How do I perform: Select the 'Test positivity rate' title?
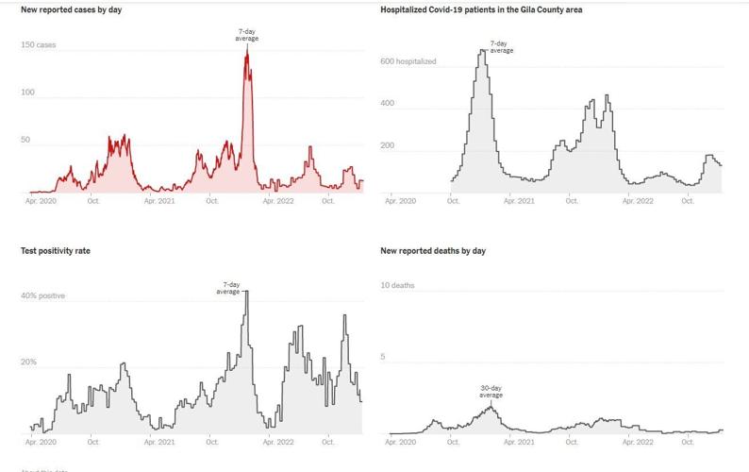[x=56, y=251]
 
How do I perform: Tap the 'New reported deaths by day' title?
[x=433, y=251]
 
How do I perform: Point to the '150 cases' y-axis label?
[x=39, y=44]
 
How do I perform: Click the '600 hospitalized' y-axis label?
[x=408, y=61]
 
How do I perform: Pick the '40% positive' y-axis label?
[x=43, y=295]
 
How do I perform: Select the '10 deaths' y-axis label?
[x=397, y=285]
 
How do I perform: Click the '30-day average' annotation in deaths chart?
[x=491, y=392]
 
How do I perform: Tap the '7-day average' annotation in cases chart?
[x=246, y=35]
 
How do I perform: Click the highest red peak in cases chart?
[x=247, y=51]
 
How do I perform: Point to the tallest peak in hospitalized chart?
[x=482, y=52]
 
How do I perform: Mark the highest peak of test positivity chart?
[x=246, y=293]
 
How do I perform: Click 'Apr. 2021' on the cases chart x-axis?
[x=158, y=201]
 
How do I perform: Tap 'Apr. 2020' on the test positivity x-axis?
[x=42, y=442]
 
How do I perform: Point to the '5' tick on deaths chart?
[x=383, y=357]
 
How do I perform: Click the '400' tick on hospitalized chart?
[x=388, y=103]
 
